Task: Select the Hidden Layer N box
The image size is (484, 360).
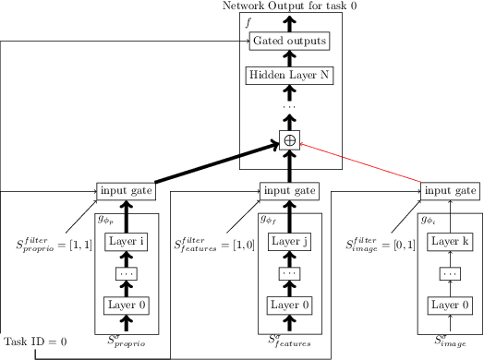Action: click(289, 76)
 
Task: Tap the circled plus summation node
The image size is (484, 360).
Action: click(289, 140)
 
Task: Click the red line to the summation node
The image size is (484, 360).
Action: click(360, 162)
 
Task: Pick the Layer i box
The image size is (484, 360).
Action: click(127, 242)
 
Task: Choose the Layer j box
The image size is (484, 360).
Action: click(289, 242)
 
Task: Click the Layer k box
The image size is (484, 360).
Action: click(450, 242)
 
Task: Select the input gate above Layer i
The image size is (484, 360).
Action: click(127, 191)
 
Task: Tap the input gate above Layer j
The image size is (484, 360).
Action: click(289, 191)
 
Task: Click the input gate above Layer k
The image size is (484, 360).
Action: click(450, 191)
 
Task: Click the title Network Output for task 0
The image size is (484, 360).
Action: click(289, 6)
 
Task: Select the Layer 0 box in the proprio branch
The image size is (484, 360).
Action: click(127, 306)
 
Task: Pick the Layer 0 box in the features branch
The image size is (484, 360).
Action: click(289, 306)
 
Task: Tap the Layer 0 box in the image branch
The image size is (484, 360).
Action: click(450, 306)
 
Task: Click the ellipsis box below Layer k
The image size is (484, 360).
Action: click(450, 274)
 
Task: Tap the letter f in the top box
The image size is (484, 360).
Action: click(248, 20)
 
